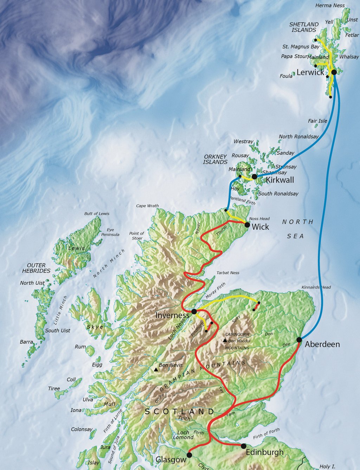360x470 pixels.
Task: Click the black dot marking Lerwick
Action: pos(334,72)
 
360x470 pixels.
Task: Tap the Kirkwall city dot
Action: pos(255,176)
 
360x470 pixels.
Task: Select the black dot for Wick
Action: pos(247,224)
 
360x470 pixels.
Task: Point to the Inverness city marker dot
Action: pos(194,311)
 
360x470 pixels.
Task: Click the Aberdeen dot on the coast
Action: pos(299,339)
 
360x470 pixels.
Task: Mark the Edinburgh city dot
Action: pos(244,446)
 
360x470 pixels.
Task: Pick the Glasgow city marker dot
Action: pos(189,455)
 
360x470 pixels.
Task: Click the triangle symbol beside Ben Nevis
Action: pos(155,369)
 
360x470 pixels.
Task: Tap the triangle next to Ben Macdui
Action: pos(225,340)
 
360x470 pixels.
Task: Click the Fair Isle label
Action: pos(317,121)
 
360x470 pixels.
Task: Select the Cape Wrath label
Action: pos(147,206)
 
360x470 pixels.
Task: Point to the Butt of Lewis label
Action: pos(97,214)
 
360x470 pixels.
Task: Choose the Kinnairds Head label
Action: pos(316,287)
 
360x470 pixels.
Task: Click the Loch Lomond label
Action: pos(183,435)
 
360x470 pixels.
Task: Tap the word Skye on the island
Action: pos(95,327)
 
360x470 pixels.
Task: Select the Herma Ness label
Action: pos(330,6)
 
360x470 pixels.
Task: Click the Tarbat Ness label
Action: pos(228,273)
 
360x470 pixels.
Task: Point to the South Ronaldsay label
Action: pos(278,193)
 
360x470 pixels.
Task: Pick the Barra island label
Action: pos(26,342)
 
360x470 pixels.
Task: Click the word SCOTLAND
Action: pos(179,412)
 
